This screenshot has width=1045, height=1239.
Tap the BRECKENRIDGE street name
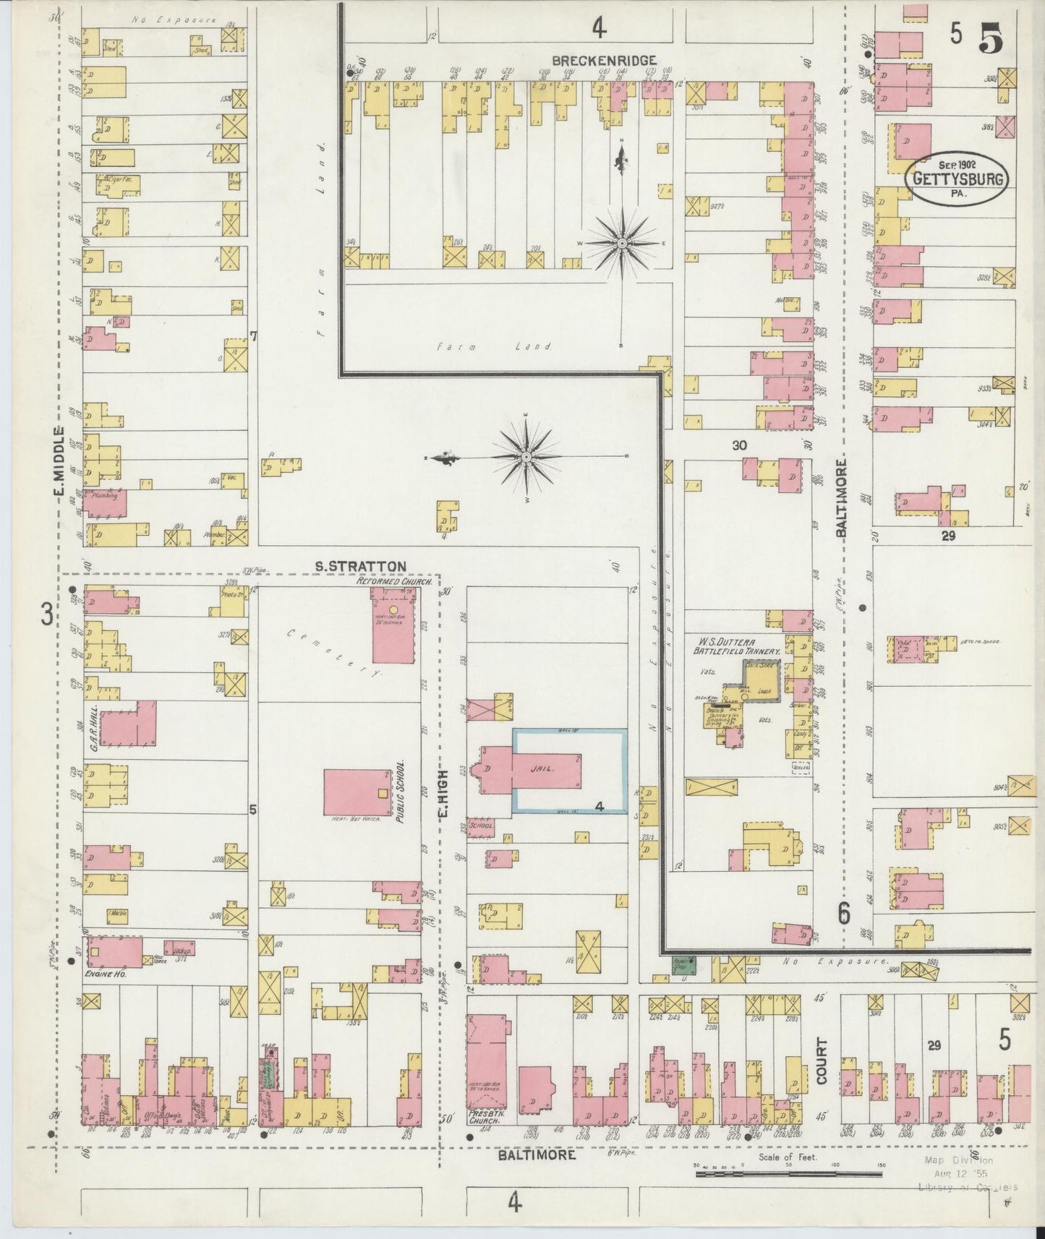click(x=604, y=61)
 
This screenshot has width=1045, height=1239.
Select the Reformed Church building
click(x=395, y=625)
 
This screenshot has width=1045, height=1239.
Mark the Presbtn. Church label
click(x=484, y=1135)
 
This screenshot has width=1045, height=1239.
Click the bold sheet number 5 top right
click(x=990, y=40)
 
